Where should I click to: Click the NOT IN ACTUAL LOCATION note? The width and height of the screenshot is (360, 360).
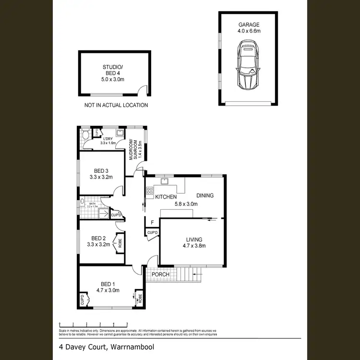coord(116,105)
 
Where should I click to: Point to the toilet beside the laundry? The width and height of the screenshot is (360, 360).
coord(85,136)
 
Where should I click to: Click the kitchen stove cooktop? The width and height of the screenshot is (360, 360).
coord(150,192)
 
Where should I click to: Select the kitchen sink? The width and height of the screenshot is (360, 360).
coord(165,181)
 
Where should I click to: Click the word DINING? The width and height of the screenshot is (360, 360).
coord(205,195)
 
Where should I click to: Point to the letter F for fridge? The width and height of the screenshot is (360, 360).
coord(152,223)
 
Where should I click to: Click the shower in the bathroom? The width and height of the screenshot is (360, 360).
coord(102,214)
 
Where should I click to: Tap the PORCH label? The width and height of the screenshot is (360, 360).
coord(161,275)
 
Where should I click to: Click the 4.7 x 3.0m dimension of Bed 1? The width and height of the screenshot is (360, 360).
coord(108,290)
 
